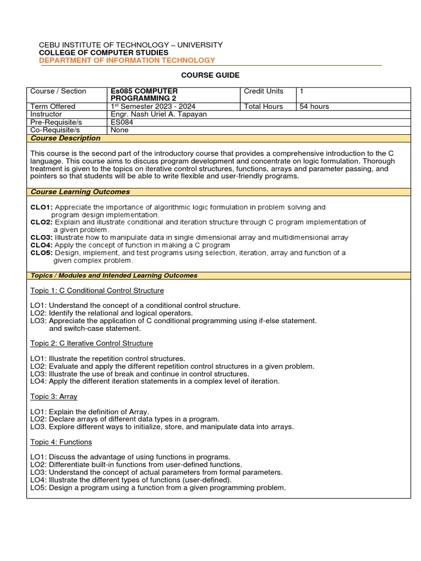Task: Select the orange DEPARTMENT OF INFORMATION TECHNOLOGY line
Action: [x=127, y=60]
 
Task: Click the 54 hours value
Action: [x=314, y=106]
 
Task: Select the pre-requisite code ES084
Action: [x=122, y=123]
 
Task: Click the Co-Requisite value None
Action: [x=120, y=130]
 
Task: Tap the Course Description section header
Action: [x=65, y=139]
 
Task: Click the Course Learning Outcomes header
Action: [x=80, y=192]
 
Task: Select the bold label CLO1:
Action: [x=42, y=208]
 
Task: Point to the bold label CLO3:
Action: [x=42, y=238]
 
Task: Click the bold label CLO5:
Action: [x=42, y=253]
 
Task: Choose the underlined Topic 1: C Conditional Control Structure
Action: [x=97, y=290]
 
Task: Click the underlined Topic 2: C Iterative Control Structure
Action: [x=92, y=344]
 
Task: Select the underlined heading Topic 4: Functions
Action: [x=61, y=442]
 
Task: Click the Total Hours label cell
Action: [x=264, y=106]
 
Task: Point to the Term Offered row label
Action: [x=53, y=106]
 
